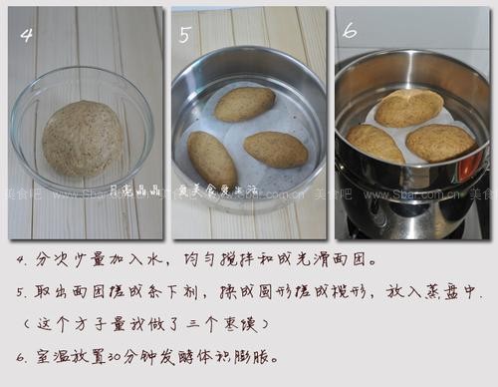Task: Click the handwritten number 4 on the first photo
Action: pyautogui.click(x=27, y=34)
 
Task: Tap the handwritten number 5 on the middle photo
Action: pyautogui.click(x=185, y=35)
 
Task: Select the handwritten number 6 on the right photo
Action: pyautogui.click(x=350, y=31)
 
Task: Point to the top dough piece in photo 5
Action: pyautogui.click(x=244, y=103)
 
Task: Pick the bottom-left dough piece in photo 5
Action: pyautogui.click(x=212, y=159)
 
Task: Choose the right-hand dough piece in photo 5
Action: pyautogui.click(x=276, y=150)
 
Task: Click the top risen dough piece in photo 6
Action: pyautogui.click(x=408, y=108)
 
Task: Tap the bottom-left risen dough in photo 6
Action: pyautogui.click(x=376, y=144)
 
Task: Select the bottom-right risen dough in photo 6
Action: pyautogui.click(x=439, y=143)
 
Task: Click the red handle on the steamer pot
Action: pyautogui.click(x=465, y=165)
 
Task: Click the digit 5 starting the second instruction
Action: pyautogui.click(x=22, y=294)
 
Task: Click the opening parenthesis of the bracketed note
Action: pyautogui.click(x=24, y=325)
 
